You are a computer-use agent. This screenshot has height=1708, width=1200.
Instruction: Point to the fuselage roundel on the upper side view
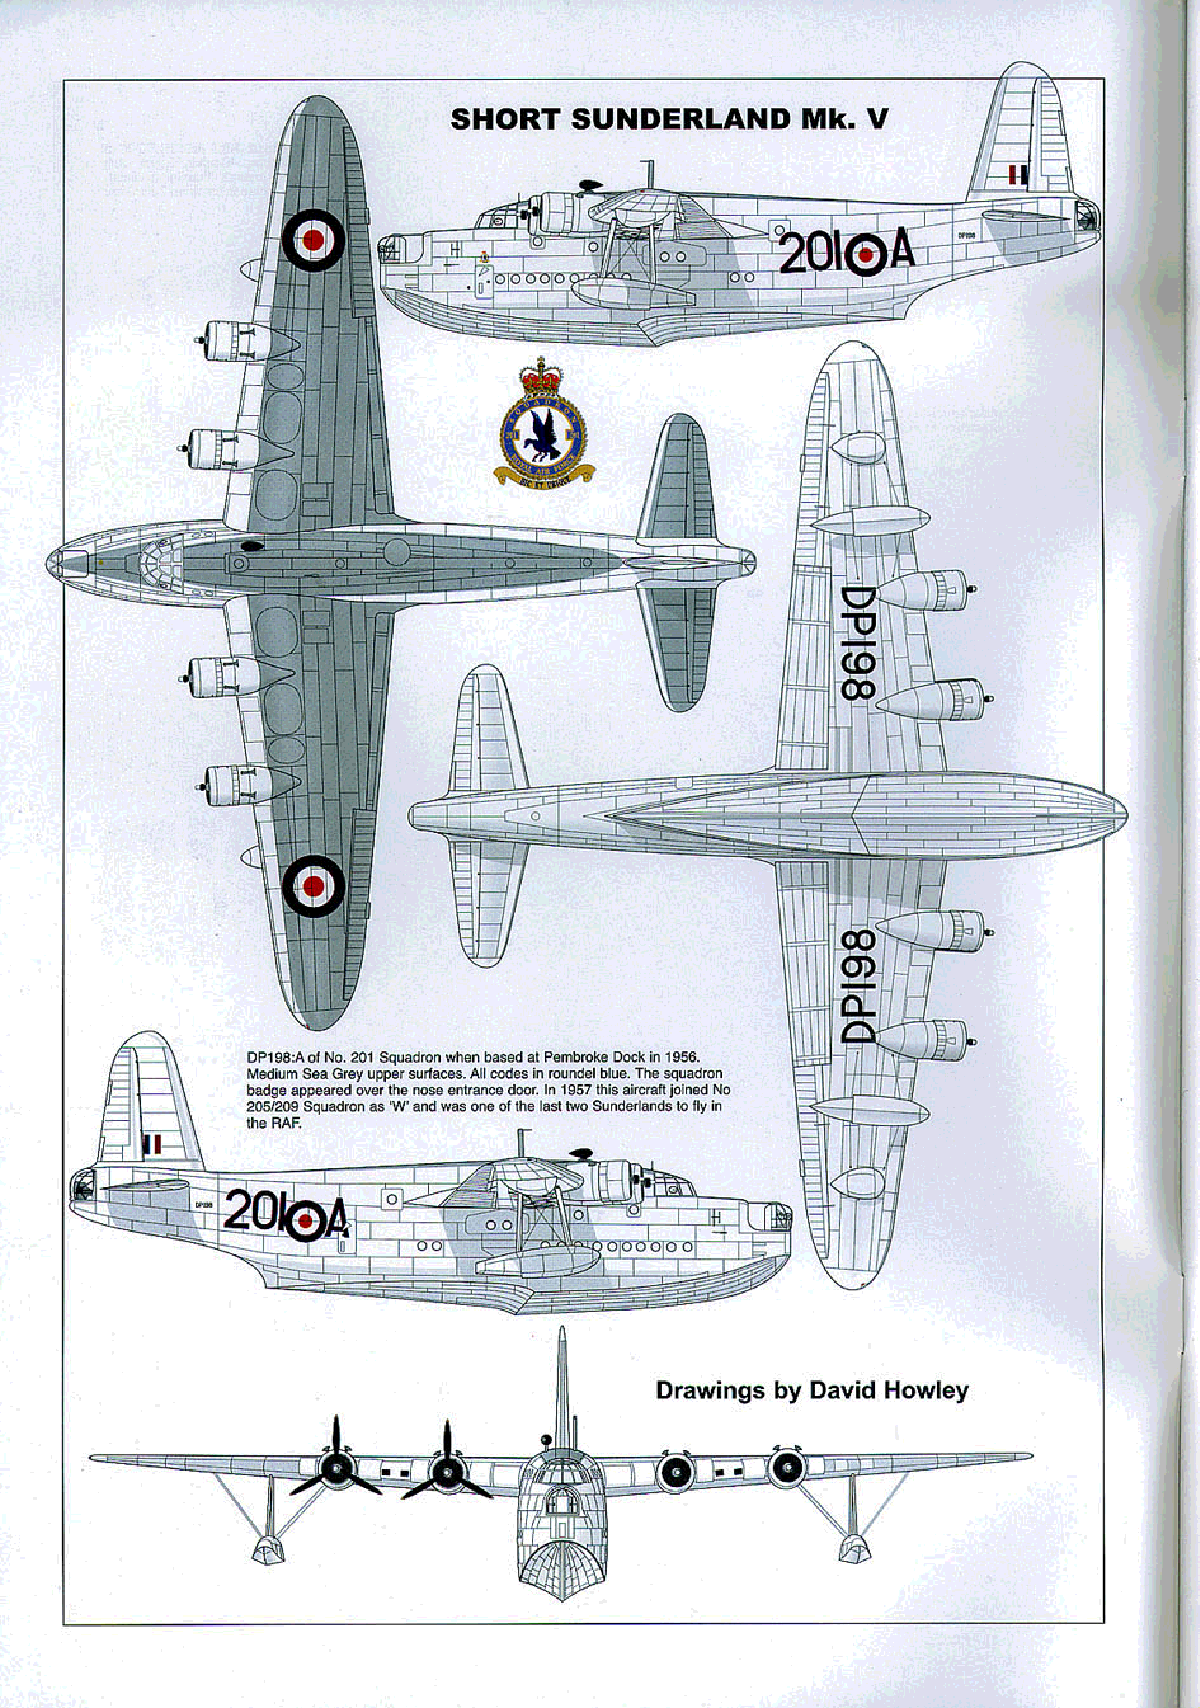tap(866, 255)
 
